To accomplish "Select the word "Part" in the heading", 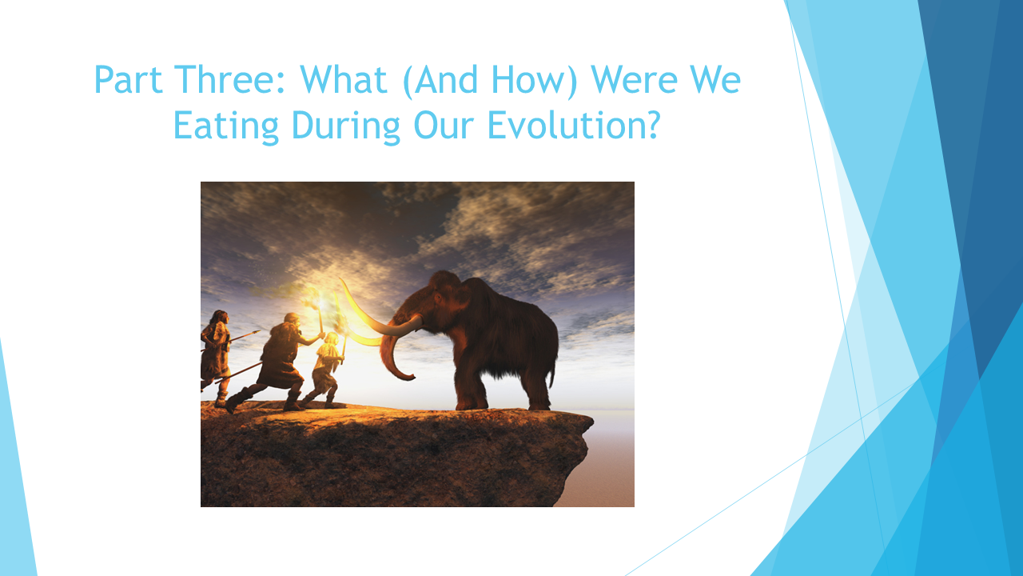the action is (129, 79).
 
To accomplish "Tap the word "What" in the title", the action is (344, 79).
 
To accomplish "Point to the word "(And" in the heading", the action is (440, 81).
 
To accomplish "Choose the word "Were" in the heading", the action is (634, 79).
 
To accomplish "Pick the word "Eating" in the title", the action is (226, 126).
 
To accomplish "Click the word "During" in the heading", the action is (346, 126).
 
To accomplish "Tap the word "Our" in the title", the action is (444, 126).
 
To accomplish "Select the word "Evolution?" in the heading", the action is (574, 125).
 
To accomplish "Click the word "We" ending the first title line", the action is (715, 79).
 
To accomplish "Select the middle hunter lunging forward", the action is (274, 361).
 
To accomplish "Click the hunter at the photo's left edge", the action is (215, 357).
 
